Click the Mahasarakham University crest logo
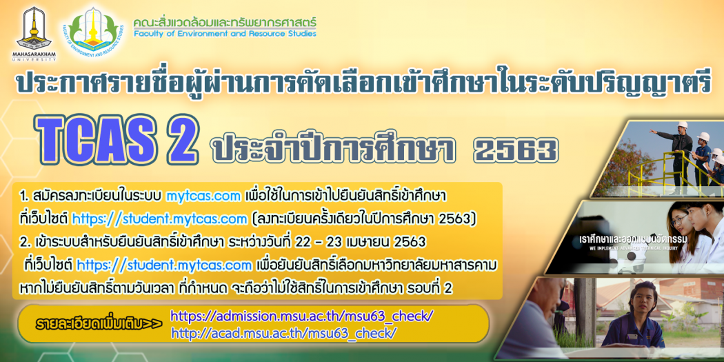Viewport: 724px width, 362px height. coord(34,28)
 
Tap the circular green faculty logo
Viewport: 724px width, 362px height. coord(94,32)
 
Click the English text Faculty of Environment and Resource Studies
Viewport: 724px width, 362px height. coord(225,34)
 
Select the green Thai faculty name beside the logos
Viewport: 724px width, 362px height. coord(225,21)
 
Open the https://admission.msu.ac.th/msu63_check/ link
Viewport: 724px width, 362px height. coord(302,316)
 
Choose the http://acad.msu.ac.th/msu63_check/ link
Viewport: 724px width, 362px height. coord(283,333)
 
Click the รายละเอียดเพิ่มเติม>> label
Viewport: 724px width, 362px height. coord(99,324)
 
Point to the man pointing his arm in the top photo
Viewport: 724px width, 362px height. coord(676,154)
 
